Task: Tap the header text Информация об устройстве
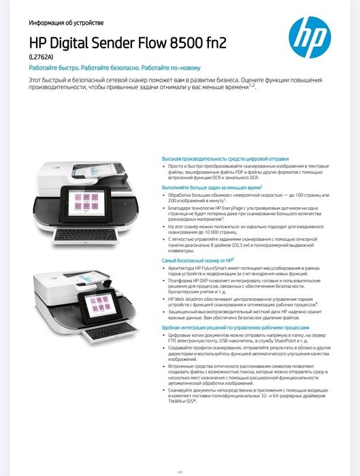pyautogui.click(x=65, y=22)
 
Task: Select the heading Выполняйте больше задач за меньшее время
pyautogui.click(x=211, y=187)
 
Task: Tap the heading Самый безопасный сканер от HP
pyautogui.click(x=197, y=259)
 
